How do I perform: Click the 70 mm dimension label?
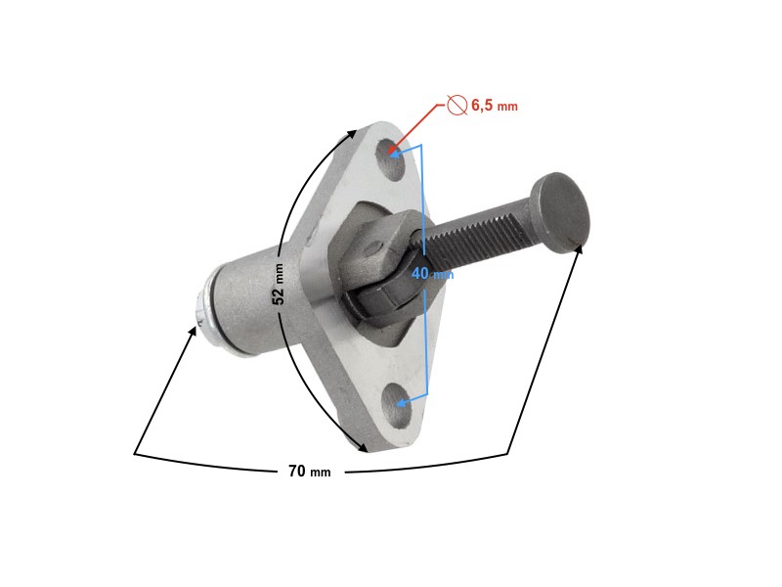click(x=309, y=472)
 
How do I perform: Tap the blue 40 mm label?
click(x=431, y=274)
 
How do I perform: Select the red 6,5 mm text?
click(x=494, y=105)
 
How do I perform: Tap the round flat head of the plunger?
click(x=562, y=208)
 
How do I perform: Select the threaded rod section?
click(x=479, y=233)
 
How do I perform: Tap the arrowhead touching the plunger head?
click(x=580, y=249)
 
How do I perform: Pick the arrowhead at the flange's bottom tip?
click(x=364, y=448)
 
